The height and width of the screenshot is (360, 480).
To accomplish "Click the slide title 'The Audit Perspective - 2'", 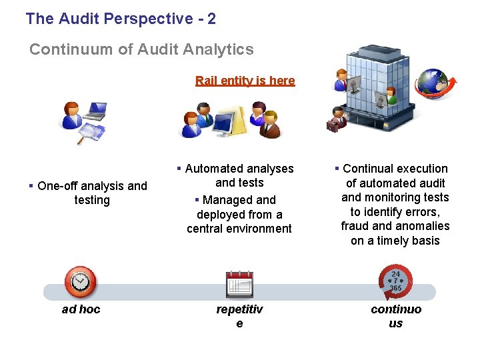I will (121, 19).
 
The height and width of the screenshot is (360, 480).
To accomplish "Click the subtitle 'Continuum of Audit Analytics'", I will (141, 49).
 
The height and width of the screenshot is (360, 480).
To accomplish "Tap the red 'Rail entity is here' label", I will (245, 81).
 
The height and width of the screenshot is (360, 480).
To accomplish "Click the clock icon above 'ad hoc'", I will (80, 281).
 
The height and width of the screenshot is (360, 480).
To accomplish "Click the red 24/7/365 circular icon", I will (395, 281).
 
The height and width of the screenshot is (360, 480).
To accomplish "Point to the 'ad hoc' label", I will (81, 309).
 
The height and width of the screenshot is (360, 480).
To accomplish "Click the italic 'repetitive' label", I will (239, 316).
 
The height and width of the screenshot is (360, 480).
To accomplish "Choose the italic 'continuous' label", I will (396, 316).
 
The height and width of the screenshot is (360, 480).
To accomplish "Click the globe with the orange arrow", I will (434, 85).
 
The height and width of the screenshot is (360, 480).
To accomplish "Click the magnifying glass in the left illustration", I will (88, 135).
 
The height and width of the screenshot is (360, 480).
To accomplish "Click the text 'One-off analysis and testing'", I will (92, 193).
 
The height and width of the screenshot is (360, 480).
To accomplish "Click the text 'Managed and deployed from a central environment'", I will (239, 214).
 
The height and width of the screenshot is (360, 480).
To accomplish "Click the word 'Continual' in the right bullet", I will (367, 169).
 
